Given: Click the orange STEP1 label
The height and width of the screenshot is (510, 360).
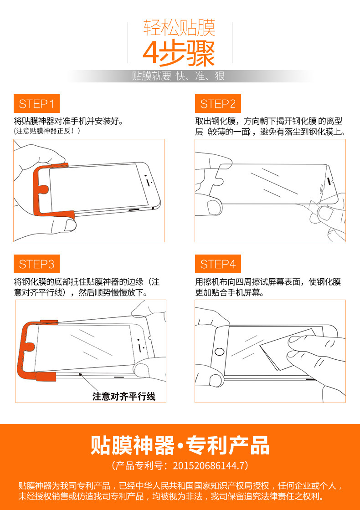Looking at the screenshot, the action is click(x=36, y=104).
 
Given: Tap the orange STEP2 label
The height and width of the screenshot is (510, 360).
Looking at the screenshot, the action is click(x=218, y=104).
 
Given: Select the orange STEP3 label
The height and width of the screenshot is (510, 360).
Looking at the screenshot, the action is click(x=36, y=264).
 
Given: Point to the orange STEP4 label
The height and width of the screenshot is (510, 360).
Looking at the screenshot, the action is click(x=218, y=264).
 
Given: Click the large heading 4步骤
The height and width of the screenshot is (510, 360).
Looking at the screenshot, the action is click(x=179, y=53).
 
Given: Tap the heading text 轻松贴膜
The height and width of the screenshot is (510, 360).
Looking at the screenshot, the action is click(x=180, y=28).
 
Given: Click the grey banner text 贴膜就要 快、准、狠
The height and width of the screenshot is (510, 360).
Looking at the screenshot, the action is click(x=178, y=76).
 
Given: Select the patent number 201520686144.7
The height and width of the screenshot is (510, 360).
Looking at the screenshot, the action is click(x=208, y=466).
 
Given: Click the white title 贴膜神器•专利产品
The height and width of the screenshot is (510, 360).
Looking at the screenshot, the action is click(x=180, y=445).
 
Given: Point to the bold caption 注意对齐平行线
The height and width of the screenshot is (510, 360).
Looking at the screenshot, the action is click(x=124, y=397).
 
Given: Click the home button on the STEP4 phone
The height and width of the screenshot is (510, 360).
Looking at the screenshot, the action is click(x=220, y=352).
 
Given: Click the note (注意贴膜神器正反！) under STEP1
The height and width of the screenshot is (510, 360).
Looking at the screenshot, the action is click(x=47, y=131).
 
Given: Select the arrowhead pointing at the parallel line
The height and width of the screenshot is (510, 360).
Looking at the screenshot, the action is click(x=80, y=376).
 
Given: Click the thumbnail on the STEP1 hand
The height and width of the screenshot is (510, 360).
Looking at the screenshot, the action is click(x=70, y=225).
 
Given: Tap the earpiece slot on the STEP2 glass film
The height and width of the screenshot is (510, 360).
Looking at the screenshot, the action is click(x=329, y=181).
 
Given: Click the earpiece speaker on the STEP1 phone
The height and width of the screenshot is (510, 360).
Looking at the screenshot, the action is click(x=149, y=183).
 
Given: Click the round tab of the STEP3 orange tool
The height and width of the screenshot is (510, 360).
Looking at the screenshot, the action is click(x=29, y=347).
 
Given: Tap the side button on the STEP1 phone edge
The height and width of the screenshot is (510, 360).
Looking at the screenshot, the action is click(x=134, y=210).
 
